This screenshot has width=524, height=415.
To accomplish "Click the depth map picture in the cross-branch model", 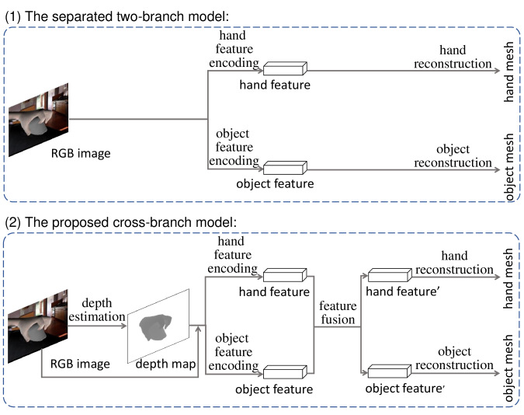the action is [x=158, y=326].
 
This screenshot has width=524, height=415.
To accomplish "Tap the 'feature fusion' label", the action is [x=338, y=312].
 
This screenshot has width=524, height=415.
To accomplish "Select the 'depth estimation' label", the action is [x=97, y=309].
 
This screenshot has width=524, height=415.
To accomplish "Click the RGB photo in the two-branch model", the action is [x=39, y=120].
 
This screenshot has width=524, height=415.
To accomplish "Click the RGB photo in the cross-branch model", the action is [x=38, y=326].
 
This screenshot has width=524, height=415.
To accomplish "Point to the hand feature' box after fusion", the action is [x=390, y=275].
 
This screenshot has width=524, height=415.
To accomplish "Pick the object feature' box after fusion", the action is [x=390, y=371].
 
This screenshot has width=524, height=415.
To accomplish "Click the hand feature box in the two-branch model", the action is [x=285, y=68].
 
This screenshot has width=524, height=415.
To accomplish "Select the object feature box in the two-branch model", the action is [x=285, y=168].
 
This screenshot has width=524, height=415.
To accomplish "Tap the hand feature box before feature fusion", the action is [x=285, y=275].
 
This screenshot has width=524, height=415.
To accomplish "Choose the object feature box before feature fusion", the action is [x=285, y=371].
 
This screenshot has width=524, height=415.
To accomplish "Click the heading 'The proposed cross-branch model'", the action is [x=120, y=222].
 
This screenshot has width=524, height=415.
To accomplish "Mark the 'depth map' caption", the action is [x=166, y=364].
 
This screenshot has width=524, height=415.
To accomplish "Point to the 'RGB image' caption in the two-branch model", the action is [x=81, y=153].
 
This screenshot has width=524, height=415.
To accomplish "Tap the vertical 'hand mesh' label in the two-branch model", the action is [x=508, y=71].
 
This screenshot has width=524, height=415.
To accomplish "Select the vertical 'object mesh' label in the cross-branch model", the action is [x=508, y=368].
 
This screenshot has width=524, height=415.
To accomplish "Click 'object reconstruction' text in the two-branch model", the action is [x=453, y=155].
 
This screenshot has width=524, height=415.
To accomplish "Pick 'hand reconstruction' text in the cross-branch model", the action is [x=454, y=263].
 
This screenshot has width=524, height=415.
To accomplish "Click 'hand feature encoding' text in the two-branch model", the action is [x=234, y=49].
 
